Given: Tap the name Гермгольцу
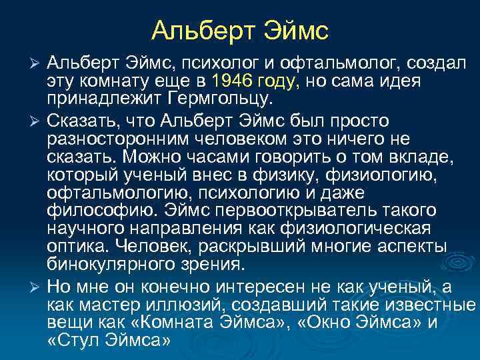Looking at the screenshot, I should (225, 100).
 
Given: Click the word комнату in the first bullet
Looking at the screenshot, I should (108, 81).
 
